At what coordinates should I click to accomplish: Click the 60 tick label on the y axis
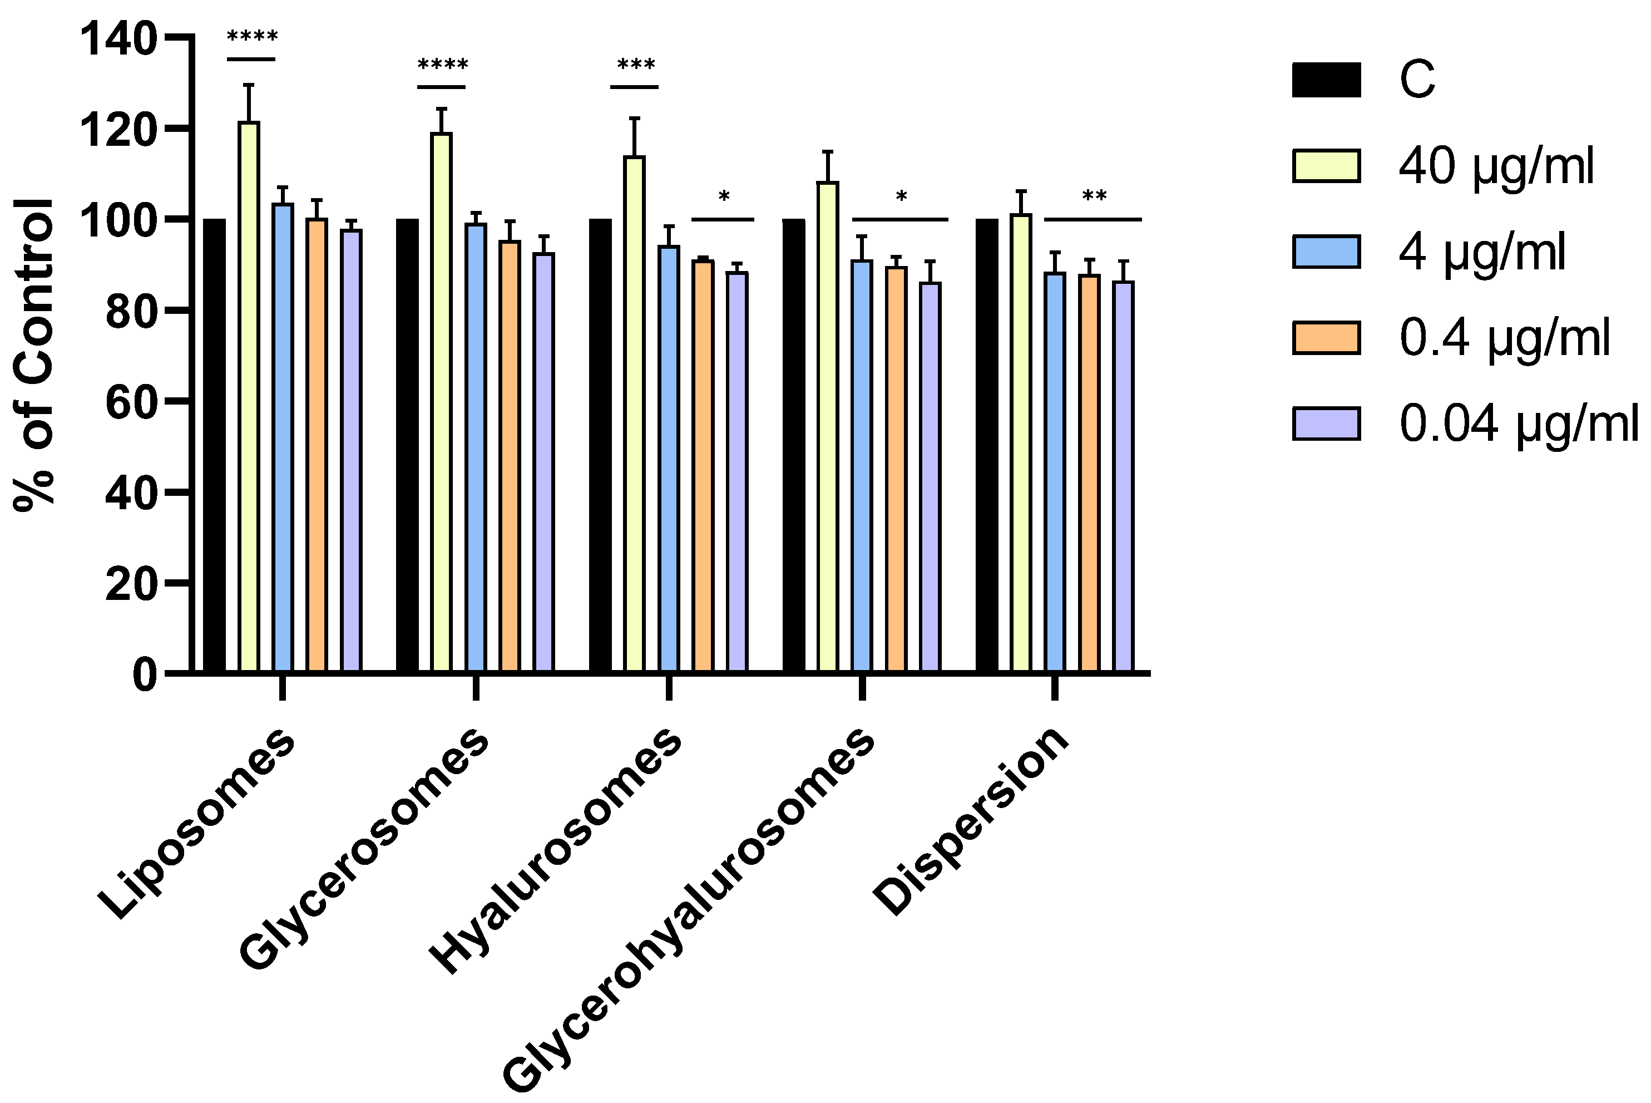[131, 401]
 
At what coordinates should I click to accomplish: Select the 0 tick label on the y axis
[145, 674]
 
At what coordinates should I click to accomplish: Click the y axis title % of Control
[34, 355]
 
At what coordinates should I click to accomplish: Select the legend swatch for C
[1326, 80]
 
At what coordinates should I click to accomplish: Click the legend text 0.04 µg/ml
[1518, 424]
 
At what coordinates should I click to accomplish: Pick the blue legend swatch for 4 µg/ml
[1326, 252]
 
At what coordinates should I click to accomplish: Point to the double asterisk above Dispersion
[1094, 195]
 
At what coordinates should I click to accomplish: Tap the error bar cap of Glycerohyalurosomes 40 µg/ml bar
[828, 151]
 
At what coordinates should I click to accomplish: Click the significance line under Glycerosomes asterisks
[442, 87]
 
